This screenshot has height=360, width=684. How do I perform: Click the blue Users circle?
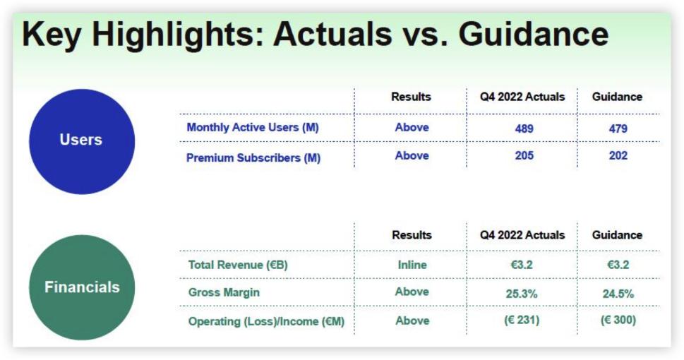pyautogui.click(x=82, y=141)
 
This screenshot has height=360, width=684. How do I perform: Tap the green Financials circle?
pyautogui.click(x=82, y=287)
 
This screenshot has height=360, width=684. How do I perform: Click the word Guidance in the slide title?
pyautogui.click(x=533, y=34)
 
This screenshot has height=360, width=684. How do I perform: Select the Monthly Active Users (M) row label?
pyautogui.click(x=253, y=128)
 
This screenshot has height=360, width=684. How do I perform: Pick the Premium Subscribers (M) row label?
pyautogui.click(x=253, y=157)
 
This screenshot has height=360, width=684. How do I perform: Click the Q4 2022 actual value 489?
pyautogui.click(x=524, y=128)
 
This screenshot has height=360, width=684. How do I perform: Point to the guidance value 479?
pyautogui.click(x=618, y=128)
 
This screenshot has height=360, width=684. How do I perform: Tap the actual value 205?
pyautogui.click(x=524, y=156)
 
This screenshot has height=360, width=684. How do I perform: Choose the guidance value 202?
pyautogui.click(x=618, y=156)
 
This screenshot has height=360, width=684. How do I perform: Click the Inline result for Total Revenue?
pyautogui.click(x=412, y=265)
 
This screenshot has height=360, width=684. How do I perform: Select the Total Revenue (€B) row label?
pyautogui.click(x=238, y=265)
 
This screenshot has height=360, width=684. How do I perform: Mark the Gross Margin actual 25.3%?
pyautogui.click(x=522, y=294)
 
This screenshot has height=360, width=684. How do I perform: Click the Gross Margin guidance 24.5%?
pyautogui.click(x=618, y=294)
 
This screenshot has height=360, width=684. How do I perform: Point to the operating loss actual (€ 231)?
pyautogui.click(x=522, y=320)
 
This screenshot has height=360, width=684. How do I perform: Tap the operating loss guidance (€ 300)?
pyautogui.click(x=618, y=320)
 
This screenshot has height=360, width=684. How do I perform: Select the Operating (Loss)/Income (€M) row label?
pyautogui.click(x=266, y=322)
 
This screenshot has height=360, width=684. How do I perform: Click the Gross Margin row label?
pyautogui.click(x=224, y=292)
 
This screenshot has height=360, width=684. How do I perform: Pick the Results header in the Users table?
pyautogui.click(x=411, y=97)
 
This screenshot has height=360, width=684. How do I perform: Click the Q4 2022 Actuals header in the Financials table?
pyautogui.click(x=522, y=235)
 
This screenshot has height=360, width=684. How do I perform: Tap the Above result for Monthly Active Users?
pyautogui.click(x=412, y=127)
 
